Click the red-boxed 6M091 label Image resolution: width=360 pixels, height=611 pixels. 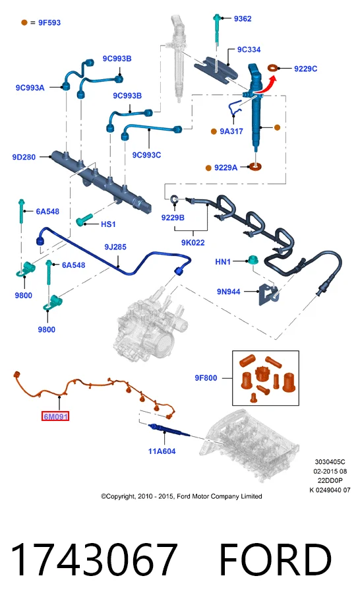(x=55, y=416)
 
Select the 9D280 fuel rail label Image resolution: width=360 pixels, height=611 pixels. (x=24, y=157)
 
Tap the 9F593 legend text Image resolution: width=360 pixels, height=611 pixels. (x=49, y=22)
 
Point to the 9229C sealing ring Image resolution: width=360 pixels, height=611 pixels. (x=274, y=68)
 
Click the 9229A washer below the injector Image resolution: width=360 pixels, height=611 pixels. (x=255, y=167)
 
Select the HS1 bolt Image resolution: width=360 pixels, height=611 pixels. (x=84, y=220)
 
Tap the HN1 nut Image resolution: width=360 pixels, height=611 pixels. (x=252, y=259)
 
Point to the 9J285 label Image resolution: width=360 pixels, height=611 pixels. (x=115, y=247)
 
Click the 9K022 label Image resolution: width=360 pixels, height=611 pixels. (x=193, y=242)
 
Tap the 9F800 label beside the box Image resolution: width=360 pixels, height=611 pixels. (x=206, y=377)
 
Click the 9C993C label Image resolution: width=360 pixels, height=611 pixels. (x=146, y=154)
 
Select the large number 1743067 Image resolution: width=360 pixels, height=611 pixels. (x=94, y=559)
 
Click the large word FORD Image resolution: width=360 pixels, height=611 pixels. (x=275, y=559)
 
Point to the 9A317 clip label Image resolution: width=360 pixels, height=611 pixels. (x=231, y=131)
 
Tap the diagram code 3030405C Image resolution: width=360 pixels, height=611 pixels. (x=330, y=462)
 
